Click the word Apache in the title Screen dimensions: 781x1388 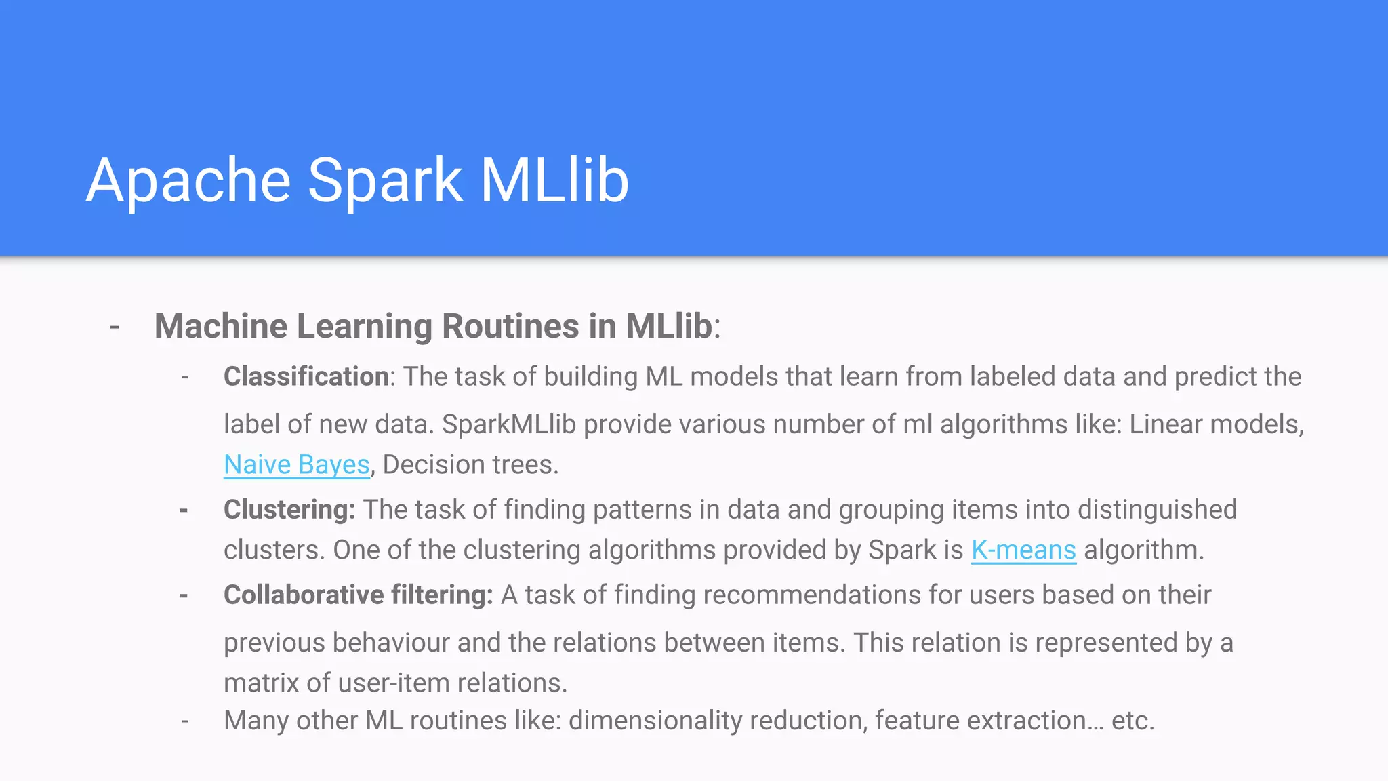pyautogui.click(x=188, y=180)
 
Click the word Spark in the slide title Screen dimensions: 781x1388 pyautogui.click(x=385, y=180)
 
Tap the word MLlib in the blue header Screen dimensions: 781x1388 pyautogui.click(x=554, y=180)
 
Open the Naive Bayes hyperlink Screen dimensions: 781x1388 pyautogui.click(x=297, y=465)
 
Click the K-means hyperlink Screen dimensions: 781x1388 pyautogui.click(x=1023, y=550)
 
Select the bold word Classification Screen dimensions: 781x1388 pyautogui.click(x=306, y=377)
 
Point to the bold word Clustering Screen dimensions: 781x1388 pyautogui.click(x=289, y=510)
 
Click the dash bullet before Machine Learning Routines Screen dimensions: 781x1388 pyautogui.click(x=115, y=327)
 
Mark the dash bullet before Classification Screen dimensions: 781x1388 pyautogui.click(x=184, y=377)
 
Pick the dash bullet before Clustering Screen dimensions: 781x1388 pyautogui.click(x=184, y=510)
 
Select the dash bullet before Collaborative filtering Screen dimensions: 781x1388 pyautogui.click(x=184, y=595)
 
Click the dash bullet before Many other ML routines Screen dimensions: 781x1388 pyautogui.click(x=184, y=721)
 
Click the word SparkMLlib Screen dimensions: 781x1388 pyautogui.click(x=509, y=425)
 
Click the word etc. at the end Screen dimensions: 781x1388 pyautogui.click(x=1132, y=721)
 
